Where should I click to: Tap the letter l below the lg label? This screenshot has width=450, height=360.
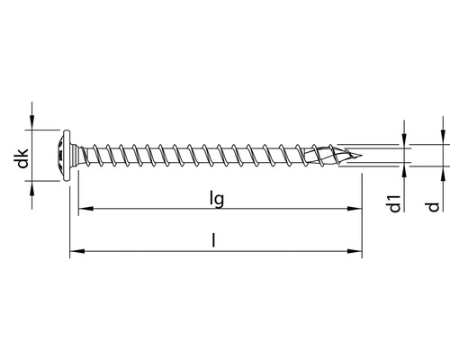point(213,239)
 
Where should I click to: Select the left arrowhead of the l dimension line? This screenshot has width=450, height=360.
point(74,252)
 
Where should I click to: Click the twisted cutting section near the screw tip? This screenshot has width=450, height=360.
point(328,154)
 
